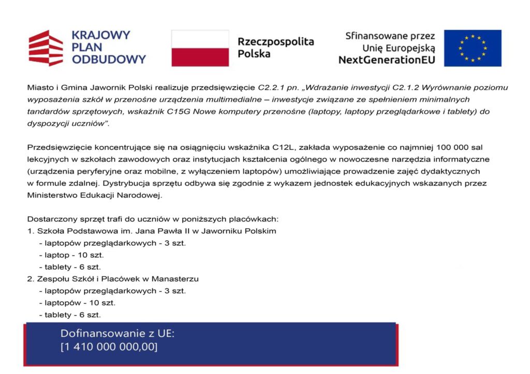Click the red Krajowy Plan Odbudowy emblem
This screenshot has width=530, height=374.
[46, 48]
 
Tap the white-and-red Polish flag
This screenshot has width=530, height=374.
[200, 48]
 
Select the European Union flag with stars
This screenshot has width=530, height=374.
[473, 48]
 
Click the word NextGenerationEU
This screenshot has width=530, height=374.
[387, 60]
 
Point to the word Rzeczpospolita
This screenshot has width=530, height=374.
[276, 42]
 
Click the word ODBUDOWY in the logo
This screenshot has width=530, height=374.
[109, 59]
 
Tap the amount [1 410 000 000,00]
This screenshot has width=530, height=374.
[109, 347]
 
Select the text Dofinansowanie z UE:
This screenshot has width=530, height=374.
[117, 334]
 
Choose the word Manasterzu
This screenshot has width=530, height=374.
[178, 279]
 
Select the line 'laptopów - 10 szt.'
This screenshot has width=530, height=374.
[77, 303]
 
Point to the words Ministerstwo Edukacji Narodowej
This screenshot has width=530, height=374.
[95, 195]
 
